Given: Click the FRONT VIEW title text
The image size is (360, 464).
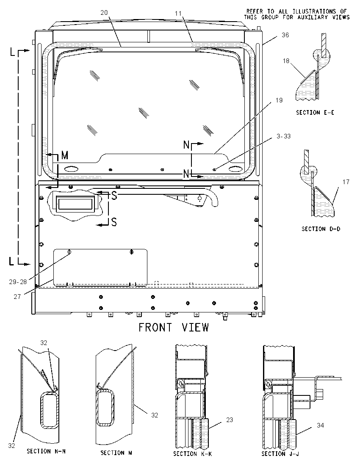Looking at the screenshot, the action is coord(174,327).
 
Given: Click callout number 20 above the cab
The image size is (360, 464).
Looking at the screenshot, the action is coord(104,13).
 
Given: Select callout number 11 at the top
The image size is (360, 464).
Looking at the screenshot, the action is coord(178,13).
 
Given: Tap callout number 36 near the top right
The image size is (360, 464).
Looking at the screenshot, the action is coord(285,35).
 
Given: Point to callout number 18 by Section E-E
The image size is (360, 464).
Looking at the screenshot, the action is coord(286,61).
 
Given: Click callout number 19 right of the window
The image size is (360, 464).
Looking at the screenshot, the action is coord(279,100).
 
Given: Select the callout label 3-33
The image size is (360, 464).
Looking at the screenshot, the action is coord(284,136).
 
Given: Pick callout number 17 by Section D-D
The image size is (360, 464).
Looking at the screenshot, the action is coord(346,182).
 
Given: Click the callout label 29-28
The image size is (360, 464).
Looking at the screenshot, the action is coord(18,282).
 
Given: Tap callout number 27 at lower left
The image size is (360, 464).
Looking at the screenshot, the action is coord(17,296).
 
